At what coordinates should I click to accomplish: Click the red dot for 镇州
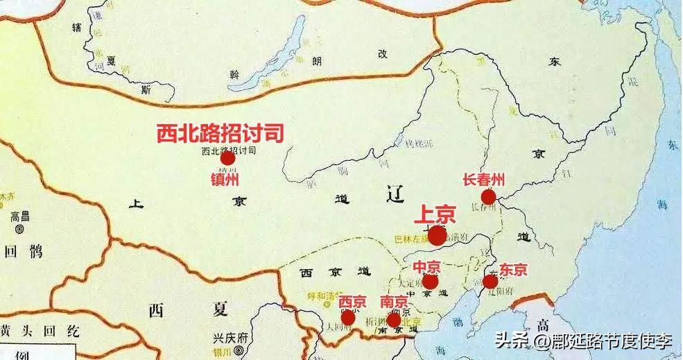pos(227,159)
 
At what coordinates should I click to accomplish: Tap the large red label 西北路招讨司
pos(221,133)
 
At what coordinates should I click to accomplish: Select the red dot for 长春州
pos(488,197)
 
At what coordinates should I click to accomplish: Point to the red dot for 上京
pos(437,236)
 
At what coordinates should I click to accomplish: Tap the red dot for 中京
pos(430,282)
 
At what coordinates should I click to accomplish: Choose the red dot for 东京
pos(490,282)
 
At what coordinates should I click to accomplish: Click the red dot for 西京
pos(348,318)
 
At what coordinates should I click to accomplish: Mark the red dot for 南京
pos(393,319)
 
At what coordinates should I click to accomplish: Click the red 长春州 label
pos(483,180)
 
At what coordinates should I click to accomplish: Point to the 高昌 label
pos(19,216)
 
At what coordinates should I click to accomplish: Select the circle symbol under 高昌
pos(19,228)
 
